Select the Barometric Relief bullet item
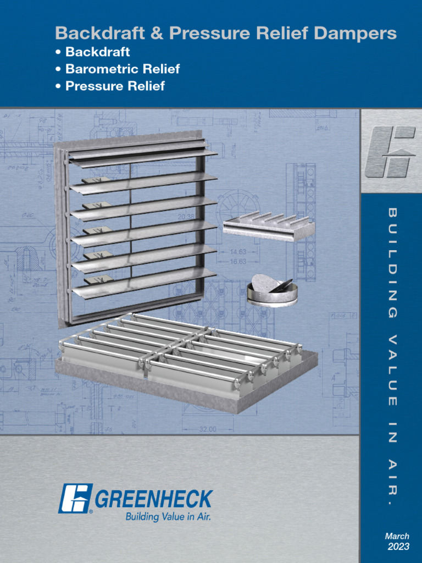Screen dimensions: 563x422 click(122, 69)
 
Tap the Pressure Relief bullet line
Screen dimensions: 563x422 click(114, 86)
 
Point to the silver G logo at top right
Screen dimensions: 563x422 click(391, 151)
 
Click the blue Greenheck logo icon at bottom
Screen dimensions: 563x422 click(75, 498)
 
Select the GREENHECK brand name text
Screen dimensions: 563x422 click(154, 499)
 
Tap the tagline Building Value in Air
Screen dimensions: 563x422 click(169, 517)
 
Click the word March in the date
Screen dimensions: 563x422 click(397, 536)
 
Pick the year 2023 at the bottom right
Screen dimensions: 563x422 click(398, 547)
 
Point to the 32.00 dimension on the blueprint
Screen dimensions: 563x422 click(208, 429)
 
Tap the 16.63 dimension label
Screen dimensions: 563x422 click(238, 262)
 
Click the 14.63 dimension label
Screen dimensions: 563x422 click(238, 252)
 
